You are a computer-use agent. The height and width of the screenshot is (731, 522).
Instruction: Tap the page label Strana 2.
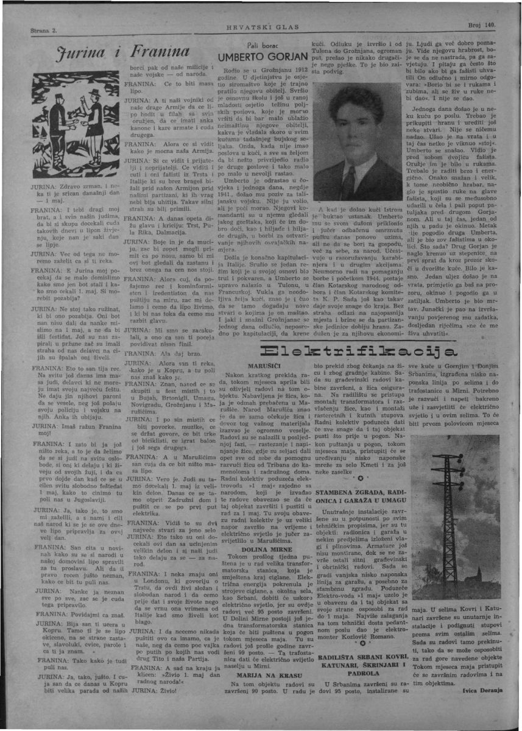click(43, 30)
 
